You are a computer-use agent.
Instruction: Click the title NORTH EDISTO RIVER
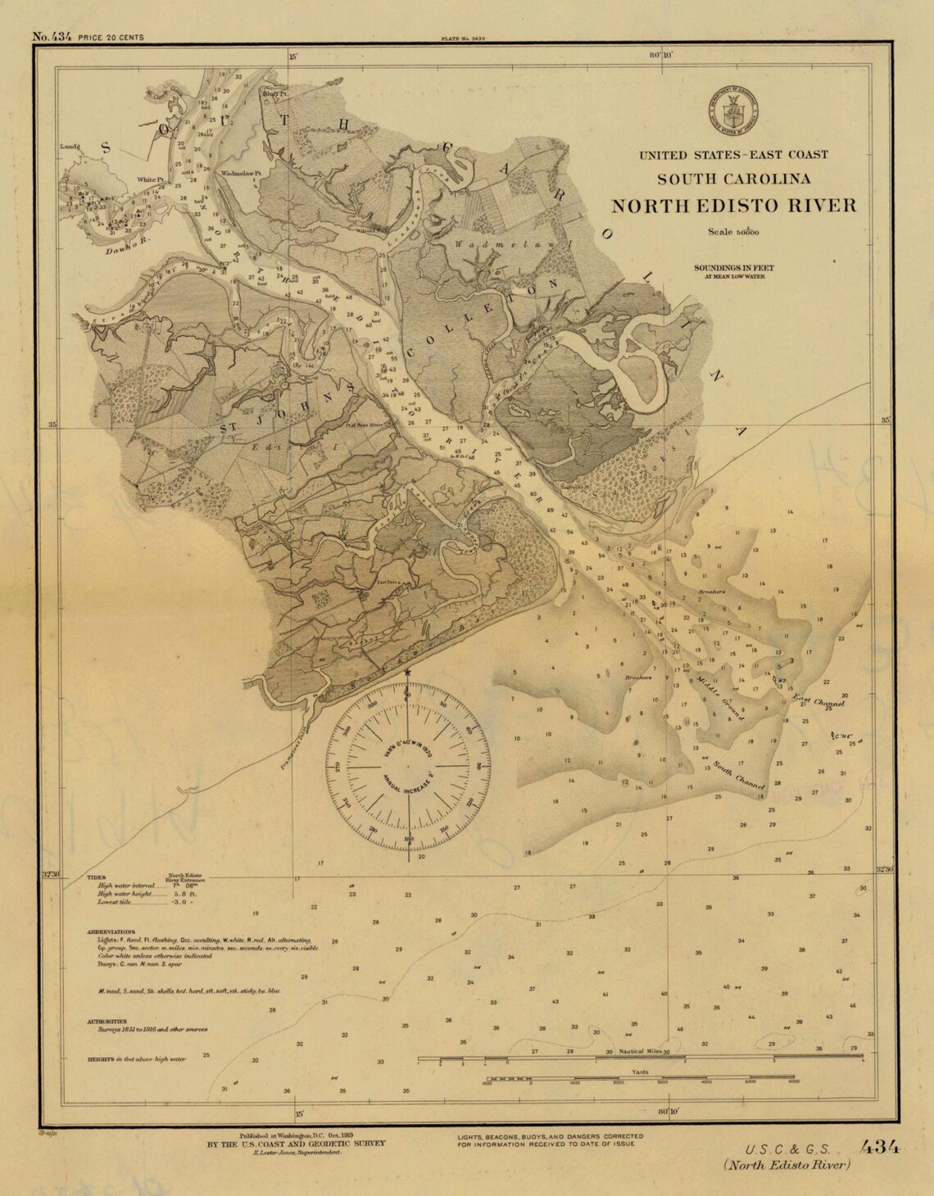(x=734, y=206)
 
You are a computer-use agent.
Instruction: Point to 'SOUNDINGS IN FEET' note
(x=733, y=268)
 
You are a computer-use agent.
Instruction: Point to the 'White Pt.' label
(x=151, y=179)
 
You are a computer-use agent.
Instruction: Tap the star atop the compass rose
(x=408, y=673)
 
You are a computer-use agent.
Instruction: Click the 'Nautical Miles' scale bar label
(x=642, y=1051)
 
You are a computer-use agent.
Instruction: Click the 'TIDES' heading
(x=97, y=877)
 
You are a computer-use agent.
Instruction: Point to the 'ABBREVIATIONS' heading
(x=111, y=932)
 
